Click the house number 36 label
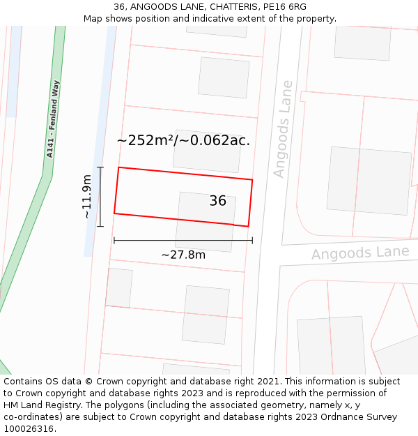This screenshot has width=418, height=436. point(217,201)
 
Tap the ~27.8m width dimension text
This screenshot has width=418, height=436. point(183,255)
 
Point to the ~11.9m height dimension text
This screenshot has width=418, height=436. point(87,197)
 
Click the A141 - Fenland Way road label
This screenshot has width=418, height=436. point(53,119)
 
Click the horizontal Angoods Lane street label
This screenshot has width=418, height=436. point(360,253)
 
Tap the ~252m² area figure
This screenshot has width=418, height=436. point(144,140)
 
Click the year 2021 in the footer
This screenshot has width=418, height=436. point(267,382)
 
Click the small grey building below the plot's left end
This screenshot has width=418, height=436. point(118,287)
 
